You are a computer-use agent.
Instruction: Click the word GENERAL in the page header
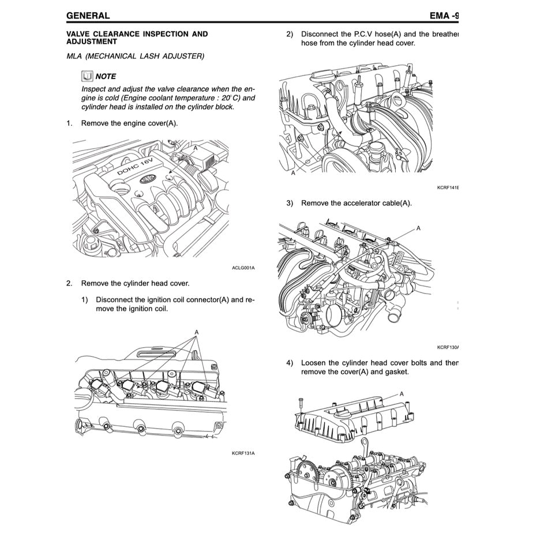pyautogui.click(x=88, y=15)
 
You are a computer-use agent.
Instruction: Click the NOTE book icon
pyautogui.click(x=87, y=76)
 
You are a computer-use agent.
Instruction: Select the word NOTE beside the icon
pyautogui.click(x=106, y=76)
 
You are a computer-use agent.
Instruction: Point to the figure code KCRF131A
pyautogui.click(x=243, y=453)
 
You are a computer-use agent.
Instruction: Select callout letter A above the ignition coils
pyautogui.click(x=197, y=332)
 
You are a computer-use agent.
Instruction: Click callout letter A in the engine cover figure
pyautogui.click(x=196, y=148)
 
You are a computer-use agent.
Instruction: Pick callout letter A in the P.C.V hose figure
pyautogui.click(x=293, y=172)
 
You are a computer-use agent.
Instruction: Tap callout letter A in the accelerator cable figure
pyautogui.click(x=419, y=228)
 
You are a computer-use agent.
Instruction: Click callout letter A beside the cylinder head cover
pyautogui.click(x=401, y=393)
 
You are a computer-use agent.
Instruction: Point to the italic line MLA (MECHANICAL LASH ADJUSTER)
pyautogui.click(x=135, y=56)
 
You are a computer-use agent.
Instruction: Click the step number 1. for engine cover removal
pyautogui.click(x=69, y=123)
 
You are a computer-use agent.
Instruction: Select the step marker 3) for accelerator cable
pyautogui.click(x=290, y=203)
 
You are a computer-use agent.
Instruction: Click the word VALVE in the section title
pyautogui.click(x=80, y=34)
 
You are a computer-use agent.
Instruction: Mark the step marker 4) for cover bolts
pyautogui.click(x=290, y=363)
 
